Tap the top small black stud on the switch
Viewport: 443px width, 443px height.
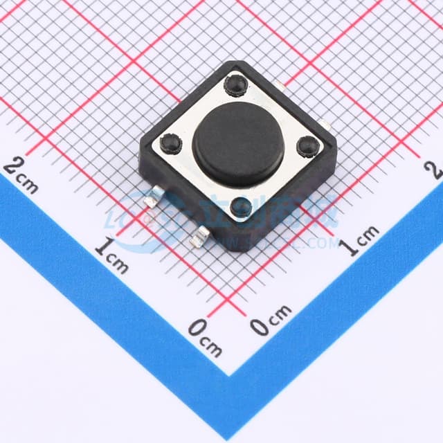click(x=235, y=85)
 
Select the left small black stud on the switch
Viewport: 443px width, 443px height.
click(x=170, y=143)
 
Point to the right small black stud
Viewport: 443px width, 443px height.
click(x=307, y=146)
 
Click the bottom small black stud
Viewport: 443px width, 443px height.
click(x=241, y=206)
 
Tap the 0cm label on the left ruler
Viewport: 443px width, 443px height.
click(x=205, y=337)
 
